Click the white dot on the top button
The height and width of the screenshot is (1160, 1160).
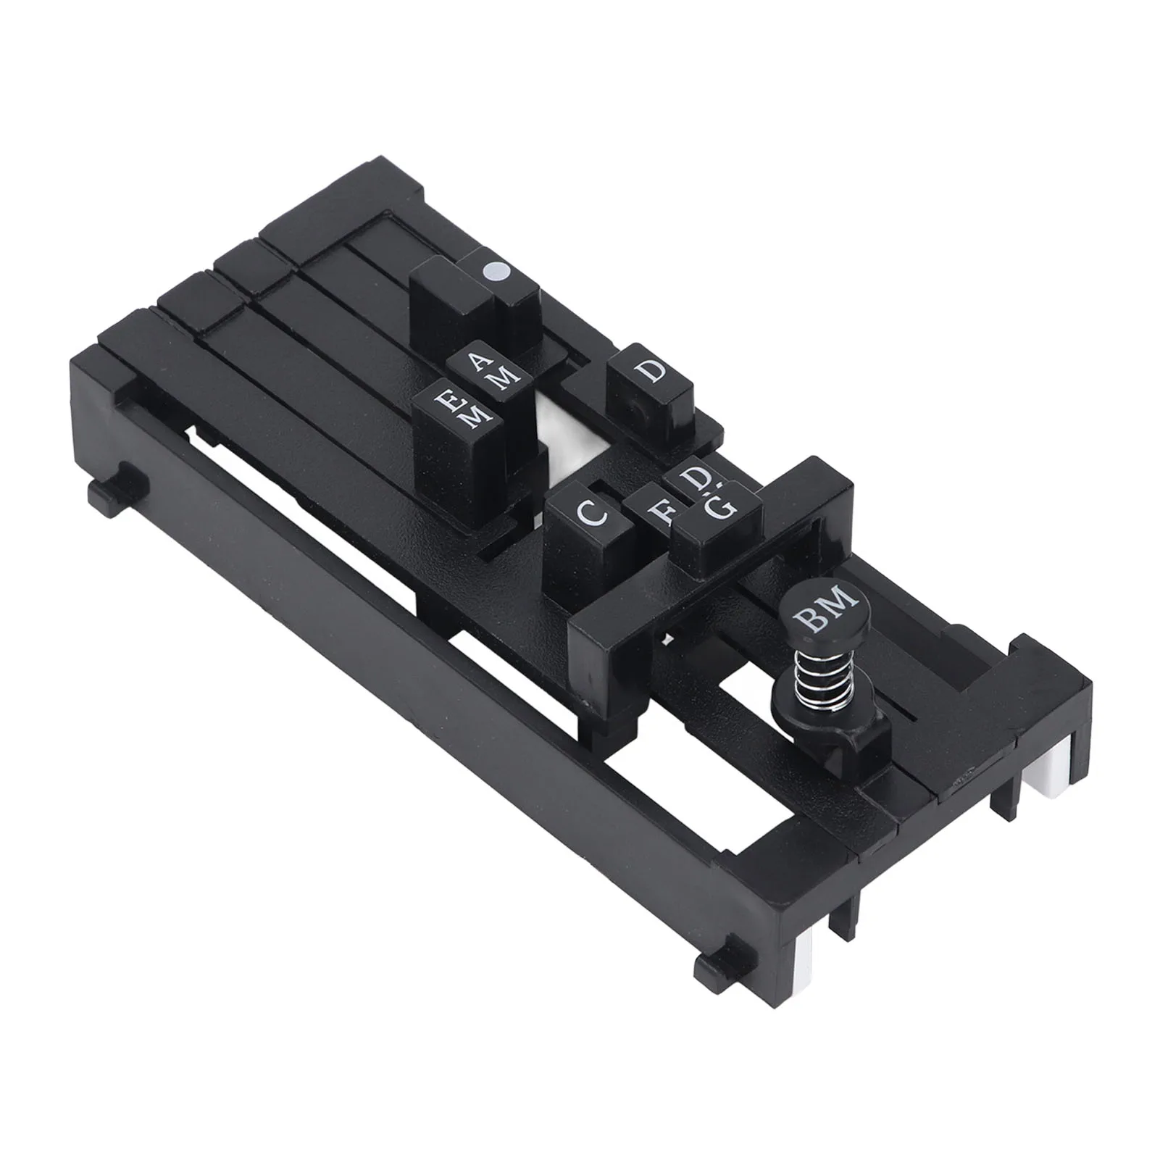(x=498, y=273)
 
